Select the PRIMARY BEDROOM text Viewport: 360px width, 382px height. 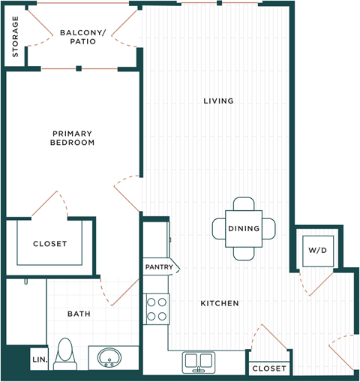72,137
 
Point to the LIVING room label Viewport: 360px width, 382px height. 218,101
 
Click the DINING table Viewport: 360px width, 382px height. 243,228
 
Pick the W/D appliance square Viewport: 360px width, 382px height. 314,250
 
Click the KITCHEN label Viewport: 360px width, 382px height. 219,303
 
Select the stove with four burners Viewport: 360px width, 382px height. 157,308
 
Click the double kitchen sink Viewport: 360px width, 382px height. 199,362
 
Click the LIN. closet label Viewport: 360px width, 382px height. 39,360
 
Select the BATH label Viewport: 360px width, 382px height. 79,314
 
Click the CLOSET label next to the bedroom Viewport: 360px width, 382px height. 49,244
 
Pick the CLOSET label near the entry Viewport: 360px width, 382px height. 268,368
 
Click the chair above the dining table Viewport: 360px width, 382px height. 243,205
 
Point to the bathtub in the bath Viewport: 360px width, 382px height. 25,311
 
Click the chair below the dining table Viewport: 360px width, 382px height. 243,253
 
